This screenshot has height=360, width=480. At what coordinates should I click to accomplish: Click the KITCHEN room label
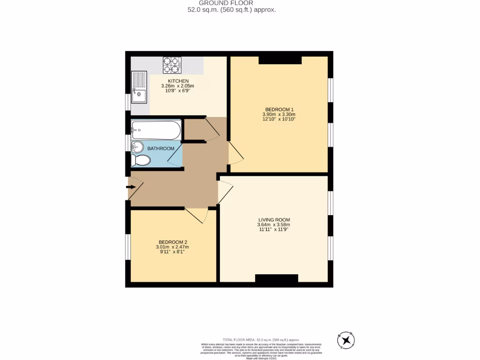coord(178,81)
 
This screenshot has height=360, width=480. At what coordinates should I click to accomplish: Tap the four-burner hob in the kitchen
coord(172,65)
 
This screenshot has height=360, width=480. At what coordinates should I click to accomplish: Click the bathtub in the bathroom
coord(156,130)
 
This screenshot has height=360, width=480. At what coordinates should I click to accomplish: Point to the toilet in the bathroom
coord(141,161)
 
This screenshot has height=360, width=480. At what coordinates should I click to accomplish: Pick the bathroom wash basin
coord(137,147)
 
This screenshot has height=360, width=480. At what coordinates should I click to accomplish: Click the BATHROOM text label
coord(161,149)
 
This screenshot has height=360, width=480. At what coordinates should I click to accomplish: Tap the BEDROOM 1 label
coord(279,109)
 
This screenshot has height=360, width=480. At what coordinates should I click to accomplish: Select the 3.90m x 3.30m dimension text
coord(279,114)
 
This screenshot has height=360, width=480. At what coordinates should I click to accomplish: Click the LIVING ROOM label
coord(274,219)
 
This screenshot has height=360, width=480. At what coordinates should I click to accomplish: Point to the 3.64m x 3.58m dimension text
coord(274,225)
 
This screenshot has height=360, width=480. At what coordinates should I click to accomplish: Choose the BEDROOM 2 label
coord(172,242)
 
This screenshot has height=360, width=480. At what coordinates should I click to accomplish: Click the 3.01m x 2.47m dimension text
coord(172,247)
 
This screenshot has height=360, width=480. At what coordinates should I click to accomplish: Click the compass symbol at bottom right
coord(346,339)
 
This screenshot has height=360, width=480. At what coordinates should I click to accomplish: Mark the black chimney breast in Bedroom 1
coord(280,60)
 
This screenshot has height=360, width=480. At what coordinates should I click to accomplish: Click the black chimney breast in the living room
coord(277,278)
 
